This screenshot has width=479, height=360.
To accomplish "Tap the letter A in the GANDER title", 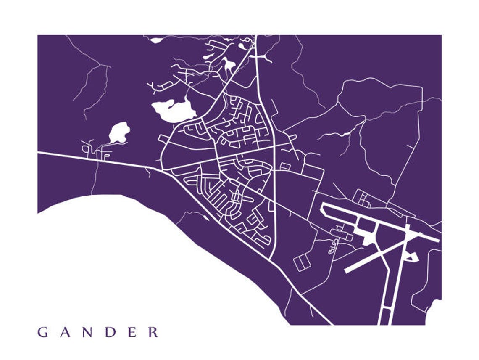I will [66, 332].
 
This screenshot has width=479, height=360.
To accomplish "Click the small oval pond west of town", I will [119, 132].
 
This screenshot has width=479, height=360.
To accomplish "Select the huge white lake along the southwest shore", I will [139, 261].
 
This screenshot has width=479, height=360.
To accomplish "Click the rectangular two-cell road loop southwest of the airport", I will [302, 262].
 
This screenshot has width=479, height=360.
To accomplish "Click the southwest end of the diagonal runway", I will [347, 270].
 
